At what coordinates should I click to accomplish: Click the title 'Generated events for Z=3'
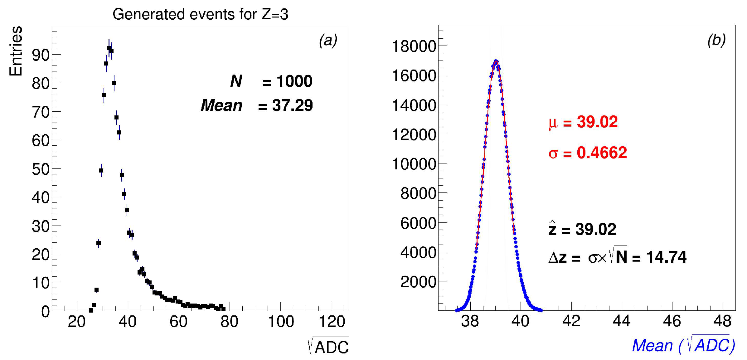200,14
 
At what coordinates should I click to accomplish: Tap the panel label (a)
328,41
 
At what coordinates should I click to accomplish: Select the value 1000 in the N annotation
294,81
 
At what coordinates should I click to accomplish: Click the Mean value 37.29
292,105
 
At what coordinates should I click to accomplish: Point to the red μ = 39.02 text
583,122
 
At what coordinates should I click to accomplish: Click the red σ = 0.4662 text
588,153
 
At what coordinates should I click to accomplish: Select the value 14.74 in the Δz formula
666,257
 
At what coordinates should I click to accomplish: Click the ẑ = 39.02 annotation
582,229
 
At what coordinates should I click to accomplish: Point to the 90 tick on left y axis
41,55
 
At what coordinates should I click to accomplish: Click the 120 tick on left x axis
332,322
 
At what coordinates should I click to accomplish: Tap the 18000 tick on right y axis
414,46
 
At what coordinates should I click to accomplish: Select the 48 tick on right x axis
722,321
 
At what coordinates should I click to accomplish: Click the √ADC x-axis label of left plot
328,346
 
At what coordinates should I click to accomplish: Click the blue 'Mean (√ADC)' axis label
683,345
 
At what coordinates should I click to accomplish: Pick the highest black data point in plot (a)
109,48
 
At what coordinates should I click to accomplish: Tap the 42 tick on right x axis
571,321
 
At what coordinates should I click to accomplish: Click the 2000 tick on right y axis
418,282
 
